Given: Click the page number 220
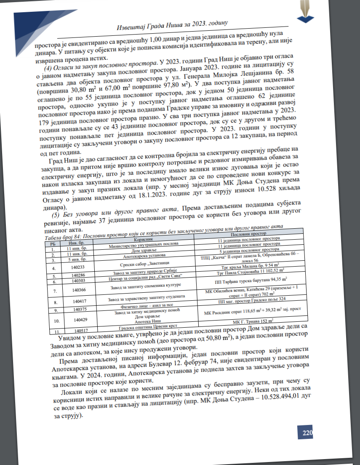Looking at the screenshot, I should [x=307, y=433].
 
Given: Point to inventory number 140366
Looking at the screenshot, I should [x=77, y=290].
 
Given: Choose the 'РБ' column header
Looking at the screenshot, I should [x=53, y=243].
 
